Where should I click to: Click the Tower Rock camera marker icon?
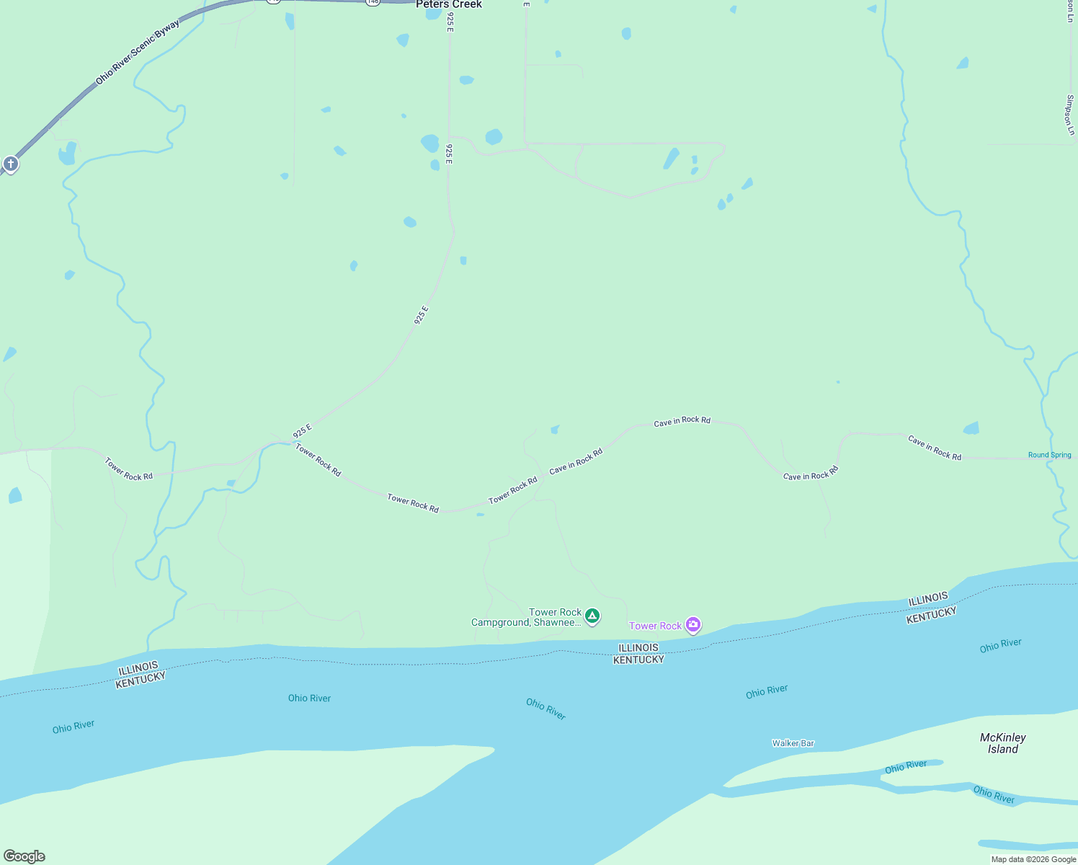(693, 625)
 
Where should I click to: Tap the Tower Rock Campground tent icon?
(592, 616)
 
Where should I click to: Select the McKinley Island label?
(1002, 743)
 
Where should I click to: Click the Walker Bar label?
(793, 743)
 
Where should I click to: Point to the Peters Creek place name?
(448, 4)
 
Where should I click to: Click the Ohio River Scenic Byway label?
(138, 52)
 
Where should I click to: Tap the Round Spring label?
(1049, 455)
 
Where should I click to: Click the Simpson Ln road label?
(1070, 115)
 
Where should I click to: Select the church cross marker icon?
(10, 164)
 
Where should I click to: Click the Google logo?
(24, 856)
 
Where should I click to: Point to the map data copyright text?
(1033, 859)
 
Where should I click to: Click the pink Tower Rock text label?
(655, 626)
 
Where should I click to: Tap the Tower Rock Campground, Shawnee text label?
(526, 618)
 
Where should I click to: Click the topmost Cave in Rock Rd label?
(682, 421)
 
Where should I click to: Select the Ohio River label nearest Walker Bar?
(767, 691)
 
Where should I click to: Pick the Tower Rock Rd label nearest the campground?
(513, 490)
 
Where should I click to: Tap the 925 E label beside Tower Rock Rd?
(303, 431)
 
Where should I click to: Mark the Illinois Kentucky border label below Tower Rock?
(638, 653)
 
